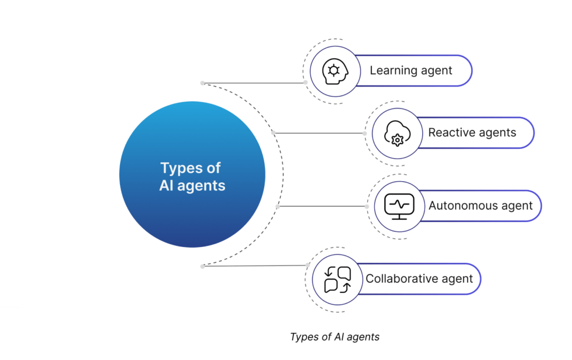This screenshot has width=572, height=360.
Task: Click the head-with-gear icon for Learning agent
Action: click(333, 70)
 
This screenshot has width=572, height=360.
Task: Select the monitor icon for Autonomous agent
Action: click(399, 206)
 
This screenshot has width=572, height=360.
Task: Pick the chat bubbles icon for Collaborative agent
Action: click(338, 280)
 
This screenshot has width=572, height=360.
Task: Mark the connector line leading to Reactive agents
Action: click(318, 133)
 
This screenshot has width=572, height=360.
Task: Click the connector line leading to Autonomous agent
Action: click(322, 206)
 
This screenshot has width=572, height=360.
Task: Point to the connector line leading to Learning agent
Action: click(254, 83)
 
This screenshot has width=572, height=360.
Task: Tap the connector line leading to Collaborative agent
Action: click(254, 266)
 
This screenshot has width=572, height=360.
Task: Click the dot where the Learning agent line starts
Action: click(202, 83)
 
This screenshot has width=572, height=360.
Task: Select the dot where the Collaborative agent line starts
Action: click(202, 267)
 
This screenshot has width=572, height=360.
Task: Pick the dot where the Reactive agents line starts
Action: click(273, 133)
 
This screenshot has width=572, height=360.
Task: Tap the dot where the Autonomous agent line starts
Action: click(278, 206)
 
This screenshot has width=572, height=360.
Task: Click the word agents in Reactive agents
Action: click(498, 134)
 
